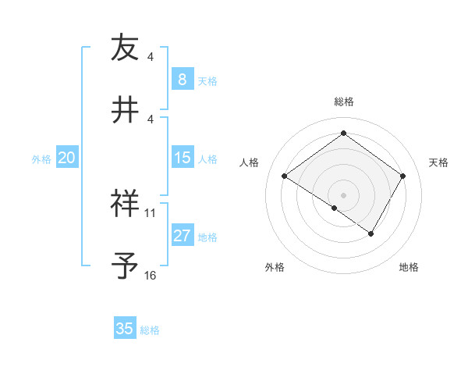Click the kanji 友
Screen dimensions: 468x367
[x=124, y=48]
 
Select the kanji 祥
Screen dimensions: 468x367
[x=124, y=204]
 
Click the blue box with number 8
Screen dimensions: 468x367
[x=183, y=80]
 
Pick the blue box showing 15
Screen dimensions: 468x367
[x=183, y=159]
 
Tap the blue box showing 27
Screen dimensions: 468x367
[x=183, y=237]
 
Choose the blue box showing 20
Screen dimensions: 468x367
[x=67, y=159]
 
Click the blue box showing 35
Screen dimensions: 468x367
[x=125, y=329]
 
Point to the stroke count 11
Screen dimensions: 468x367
[x=151, y=213]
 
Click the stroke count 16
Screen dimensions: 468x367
[x=151, y=276]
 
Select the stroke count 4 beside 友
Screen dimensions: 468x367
[x=151, y=57]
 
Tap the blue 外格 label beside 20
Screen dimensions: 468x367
[x=41, y=159]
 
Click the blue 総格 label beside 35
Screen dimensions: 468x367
[x=150, y=330]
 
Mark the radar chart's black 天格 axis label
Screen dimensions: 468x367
[x=438, y=162]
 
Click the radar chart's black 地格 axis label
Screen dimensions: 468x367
[x=409, y=267]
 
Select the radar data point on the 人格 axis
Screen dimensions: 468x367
[x=285, y=176]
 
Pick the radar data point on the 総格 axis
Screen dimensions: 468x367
[x=343, y=134]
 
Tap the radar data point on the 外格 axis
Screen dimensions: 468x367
[x=335, y=208]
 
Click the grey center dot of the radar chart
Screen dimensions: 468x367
[x=343, y=194]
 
